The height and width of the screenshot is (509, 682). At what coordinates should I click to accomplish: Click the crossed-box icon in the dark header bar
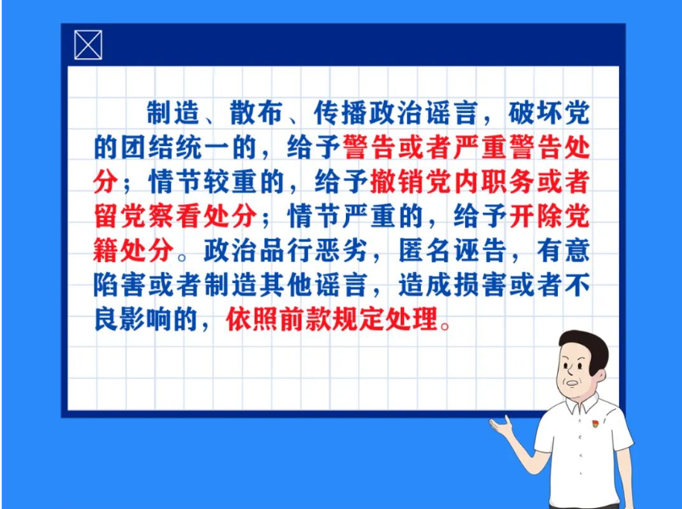click(89, 45)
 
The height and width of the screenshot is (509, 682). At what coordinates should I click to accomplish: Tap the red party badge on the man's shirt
click(595, 423)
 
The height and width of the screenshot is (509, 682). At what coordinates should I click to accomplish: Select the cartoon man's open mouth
click(572, 384)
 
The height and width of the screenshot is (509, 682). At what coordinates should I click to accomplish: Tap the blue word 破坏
click(535, 113)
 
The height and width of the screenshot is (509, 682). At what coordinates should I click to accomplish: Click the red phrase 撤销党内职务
click(452, 181)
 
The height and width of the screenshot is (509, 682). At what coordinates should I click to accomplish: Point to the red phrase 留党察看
click(148, 216)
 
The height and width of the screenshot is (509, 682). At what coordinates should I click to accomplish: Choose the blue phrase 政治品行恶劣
click(285, 251)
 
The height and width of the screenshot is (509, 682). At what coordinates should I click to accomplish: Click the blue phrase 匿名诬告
click(452, 251)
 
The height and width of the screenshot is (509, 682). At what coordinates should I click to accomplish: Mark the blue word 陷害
click(120, 285)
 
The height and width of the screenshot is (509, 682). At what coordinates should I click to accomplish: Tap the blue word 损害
click(480, 285)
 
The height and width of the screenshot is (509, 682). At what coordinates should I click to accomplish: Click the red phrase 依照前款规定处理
click(332, 319)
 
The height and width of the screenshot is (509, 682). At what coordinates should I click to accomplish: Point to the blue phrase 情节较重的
click(217, 181)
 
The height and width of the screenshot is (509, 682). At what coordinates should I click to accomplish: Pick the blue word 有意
click(563, 251)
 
